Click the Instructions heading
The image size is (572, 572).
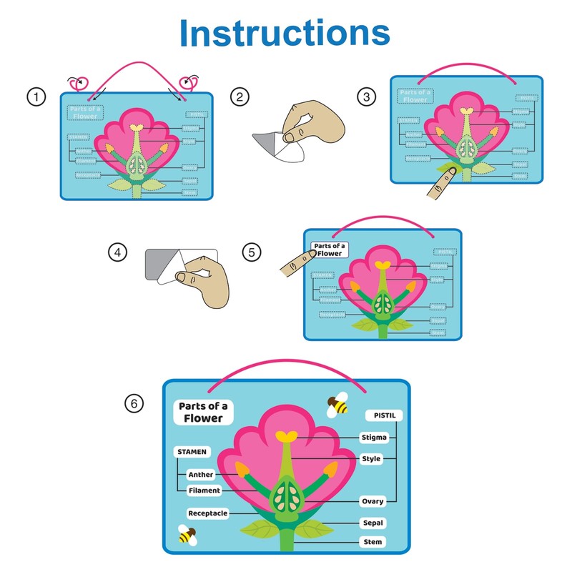click(x=285, y=33)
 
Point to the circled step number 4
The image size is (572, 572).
click(x=117, y=252)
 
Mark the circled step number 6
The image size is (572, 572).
click(x=133, y=404)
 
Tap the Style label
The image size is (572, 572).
click(x=371, y=458)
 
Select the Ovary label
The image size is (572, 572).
click(x=373, y=502)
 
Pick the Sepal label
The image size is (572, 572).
click(x=373, y=523)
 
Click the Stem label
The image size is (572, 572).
click(x=373, y=542)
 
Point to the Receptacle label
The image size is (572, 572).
click(x=208, y=513)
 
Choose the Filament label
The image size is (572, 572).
click(x=204, y=490)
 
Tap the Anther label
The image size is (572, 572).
click(x=200, y=474)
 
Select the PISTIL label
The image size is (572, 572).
click(x=385, y=415)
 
